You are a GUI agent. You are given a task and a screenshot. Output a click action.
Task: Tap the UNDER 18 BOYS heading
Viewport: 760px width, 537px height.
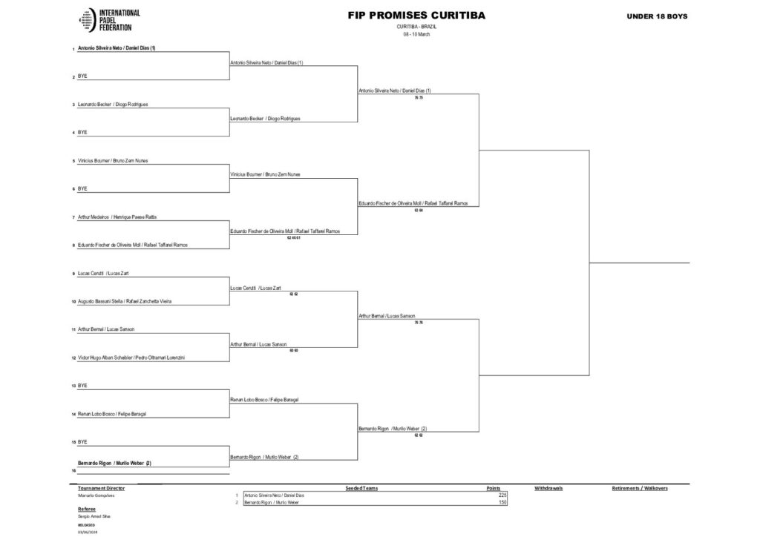(x=658, y=16)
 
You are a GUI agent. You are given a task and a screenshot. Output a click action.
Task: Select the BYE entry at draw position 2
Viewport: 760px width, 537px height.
(x=82, y=76)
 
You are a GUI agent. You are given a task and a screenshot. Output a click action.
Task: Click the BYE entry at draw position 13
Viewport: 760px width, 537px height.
(x=82, y=386)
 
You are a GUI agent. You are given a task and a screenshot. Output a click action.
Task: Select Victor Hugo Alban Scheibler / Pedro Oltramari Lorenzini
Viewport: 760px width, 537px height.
(x=131, y=358)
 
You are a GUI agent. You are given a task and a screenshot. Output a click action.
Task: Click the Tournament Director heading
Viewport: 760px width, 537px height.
(x=101, y=489)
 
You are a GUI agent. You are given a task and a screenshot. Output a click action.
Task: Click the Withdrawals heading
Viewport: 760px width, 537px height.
(x=548, y=489)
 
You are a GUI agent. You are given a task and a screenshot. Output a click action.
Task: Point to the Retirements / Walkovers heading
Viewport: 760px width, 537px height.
(x=640, y=489)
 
